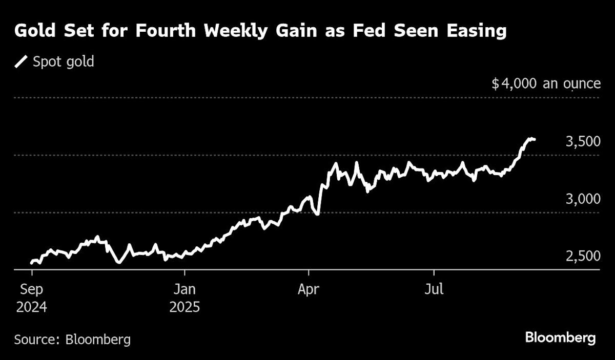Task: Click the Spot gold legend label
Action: pos(63,62)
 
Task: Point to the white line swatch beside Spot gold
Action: pos(22,62)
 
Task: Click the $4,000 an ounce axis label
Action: pos(546,83)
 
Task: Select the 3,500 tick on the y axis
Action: pos(583,142)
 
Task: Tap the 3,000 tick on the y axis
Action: pos(583,199)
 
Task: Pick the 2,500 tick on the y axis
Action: pos(583,257)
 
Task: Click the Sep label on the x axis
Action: pos(31,290)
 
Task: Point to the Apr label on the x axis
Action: pos(309,290)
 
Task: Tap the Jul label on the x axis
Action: pos(434,290)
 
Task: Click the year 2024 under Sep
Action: pos(31,308)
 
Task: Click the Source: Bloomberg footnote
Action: pos(72,339)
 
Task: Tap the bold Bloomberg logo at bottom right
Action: pos(560,338)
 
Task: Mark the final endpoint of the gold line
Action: pos(535,139)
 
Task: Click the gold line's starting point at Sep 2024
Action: pos(31,263)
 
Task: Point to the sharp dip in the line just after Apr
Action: pos(318,214)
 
